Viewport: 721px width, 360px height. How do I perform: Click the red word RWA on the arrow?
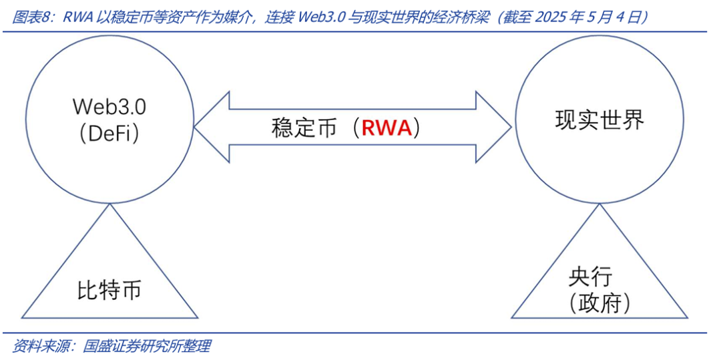click(x=386, y=128)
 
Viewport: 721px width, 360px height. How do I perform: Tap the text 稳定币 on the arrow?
click(x=304, y=128)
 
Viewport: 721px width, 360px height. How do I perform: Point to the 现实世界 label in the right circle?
click(x=599, y=120)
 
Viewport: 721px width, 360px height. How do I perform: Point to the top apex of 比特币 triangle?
click(x=109, y=205)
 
